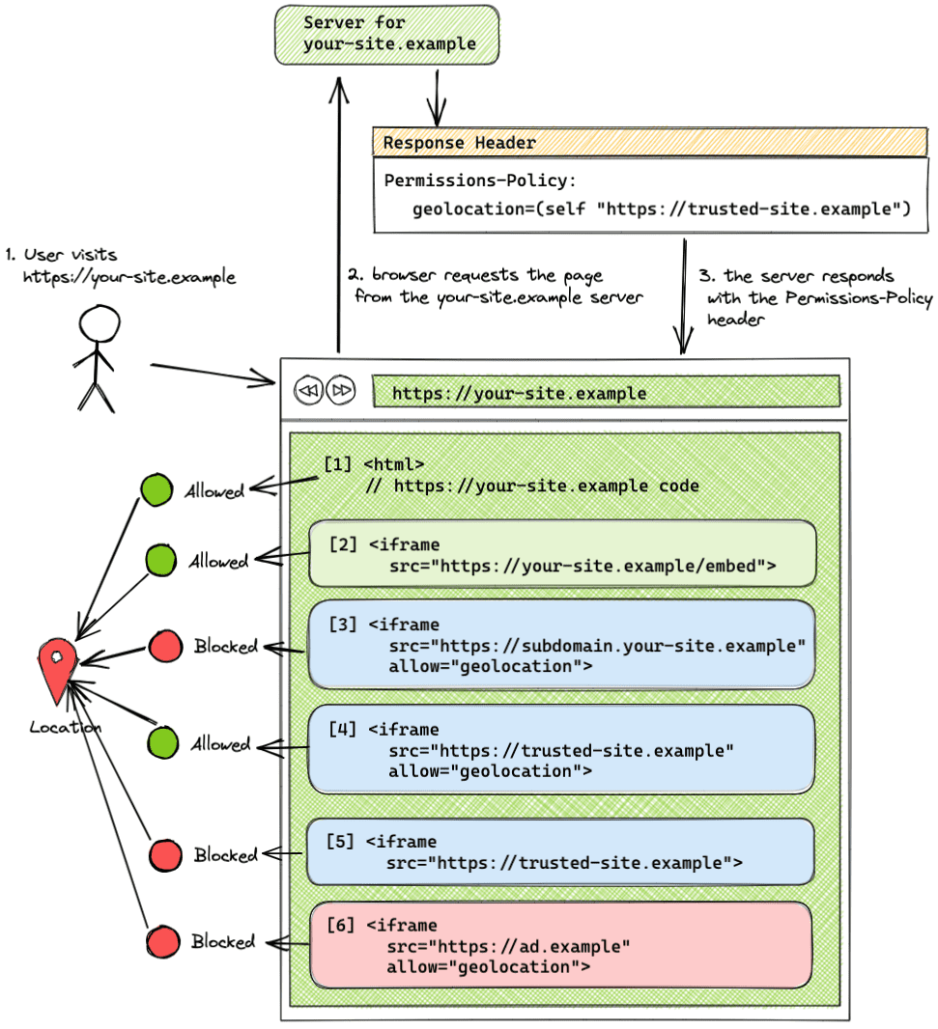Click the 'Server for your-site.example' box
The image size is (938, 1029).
(x=386, y=35)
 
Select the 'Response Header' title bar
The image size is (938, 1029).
(x=649, y=143)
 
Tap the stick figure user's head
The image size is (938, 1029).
(x=96, y=324)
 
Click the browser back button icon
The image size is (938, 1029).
(x=307, y=391)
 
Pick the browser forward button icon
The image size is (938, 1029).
(x=341, y=391)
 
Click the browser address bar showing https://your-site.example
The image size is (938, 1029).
(x=606, y=393)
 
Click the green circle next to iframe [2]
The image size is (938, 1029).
(x=160, y=561)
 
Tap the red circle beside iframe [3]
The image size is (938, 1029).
(x=166, y=646)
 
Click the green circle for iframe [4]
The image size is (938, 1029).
(x=162, y=743)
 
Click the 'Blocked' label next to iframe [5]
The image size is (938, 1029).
(x=225, y=855)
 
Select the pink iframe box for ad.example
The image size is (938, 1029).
(x=560, y=946)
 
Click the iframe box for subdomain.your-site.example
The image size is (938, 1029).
(x=560, y=645)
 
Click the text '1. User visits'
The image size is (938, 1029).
(x=62, y=256)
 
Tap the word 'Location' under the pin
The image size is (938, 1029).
(x=65, y=727)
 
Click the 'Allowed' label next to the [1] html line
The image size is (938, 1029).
(x=215, y=491)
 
